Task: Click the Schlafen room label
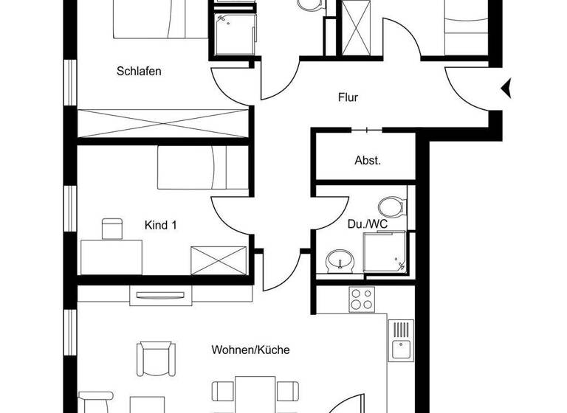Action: [139, 72]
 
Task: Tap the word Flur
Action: [348, 97]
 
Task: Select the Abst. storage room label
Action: [368, 160]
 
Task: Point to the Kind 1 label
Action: [160, 225]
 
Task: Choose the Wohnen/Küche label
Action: [250, 350]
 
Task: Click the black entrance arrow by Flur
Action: [506, 88]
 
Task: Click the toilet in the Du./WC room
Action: [391, 206]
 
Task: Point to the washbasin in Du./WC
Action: [340, 260]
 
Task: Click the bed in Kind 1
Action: [201, 167]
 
